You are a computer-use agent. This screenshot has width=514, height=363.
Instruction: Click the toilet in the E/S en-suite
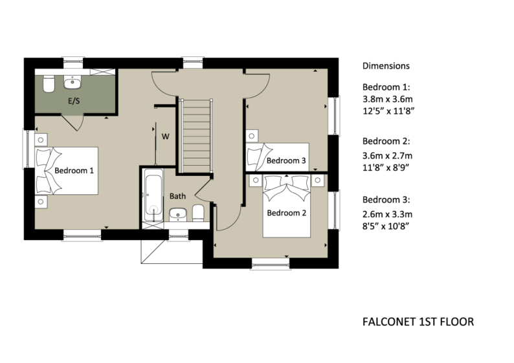pos(49,84)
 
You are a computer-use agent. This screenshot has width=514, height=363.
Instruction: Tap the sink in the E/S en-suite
pos(71,82)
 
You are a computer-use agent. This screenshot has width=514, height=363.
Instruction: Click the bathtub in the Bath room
pos(152,194)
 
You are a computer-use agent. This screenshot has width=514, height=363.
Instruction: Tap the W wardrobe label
pos(165,137)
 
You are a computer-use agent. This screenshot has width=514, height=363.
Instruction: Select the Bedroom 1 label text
pos(74,171)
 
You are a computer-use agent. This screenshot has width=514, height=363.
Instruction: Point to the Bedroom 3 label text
pos(286,160)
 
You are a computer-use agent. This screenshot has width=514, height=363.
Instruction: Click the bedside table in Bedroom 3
pos(252,137)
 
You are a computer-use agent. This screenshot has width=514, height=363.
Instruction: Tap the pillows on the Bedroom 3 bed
pos(256,158)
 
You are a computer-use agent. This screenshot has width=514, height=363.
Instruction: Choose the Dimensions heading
pos(386,66)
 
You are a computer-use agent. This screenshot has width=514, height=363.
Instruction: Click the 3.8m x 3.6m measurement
pos(387,99)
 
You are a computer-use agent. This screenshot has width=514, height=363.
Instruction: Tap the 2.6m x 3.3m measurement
pos(387,214)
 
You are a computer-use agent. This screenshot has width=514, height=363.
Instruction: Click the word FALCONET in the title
pos(386,322)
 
